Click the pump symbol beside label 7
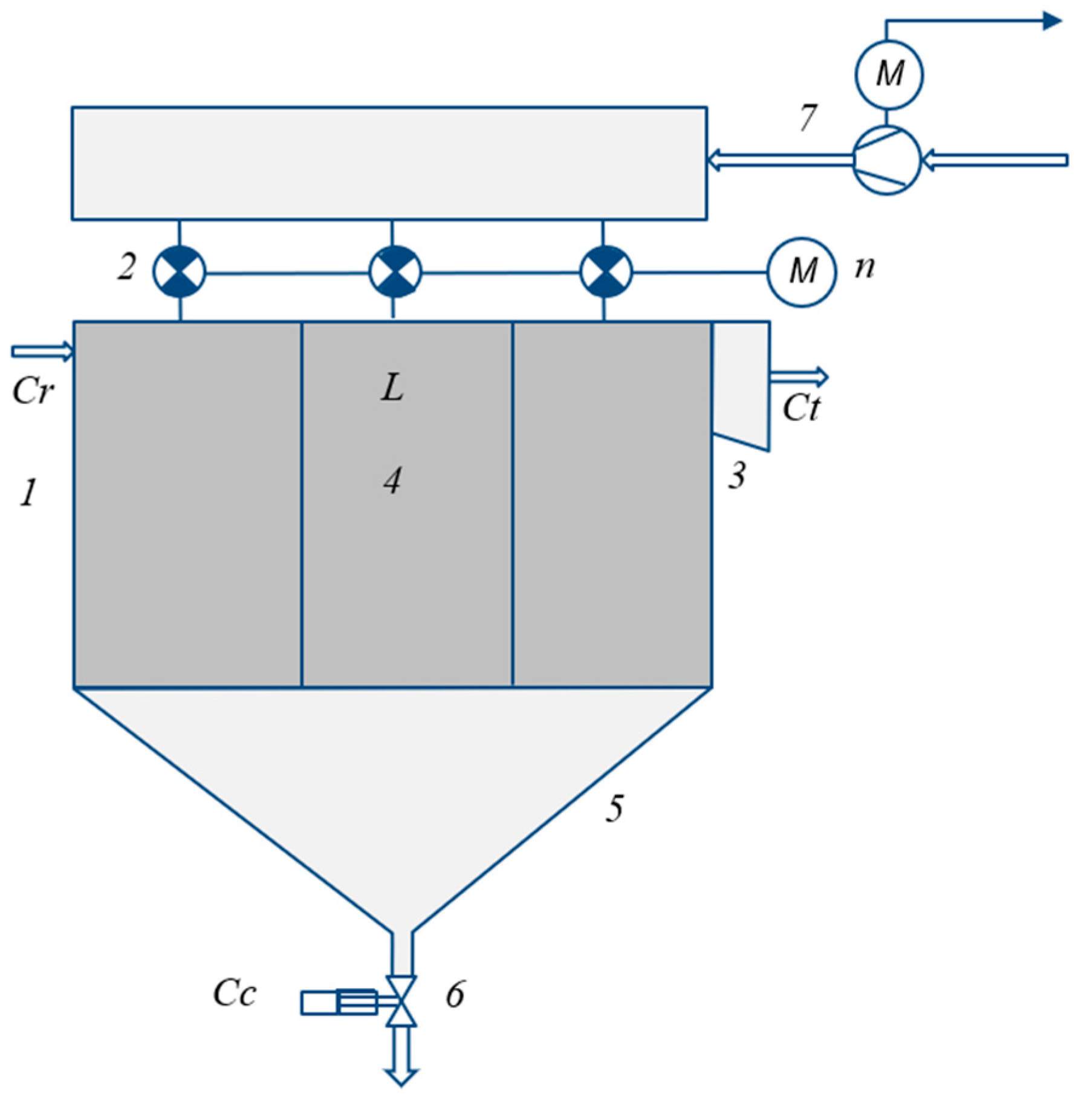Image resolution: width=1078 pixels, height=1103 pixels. coord(886,160)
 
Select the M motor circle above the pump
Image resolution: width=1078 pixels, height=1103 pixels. coord(889,74)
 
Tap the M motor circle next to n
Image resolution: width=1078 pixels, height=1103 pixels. coord(802,272)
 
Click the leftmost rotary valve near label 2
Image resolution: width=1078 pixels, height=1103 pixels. coord(179,272)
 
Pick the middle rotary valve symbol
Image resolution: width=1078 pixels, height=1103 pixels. coord(395,272)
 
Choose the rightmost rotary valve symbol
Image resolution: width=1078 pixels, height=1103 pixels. coord(606,272)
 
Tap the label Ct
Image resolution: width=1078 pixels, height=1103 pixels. coord(802,408)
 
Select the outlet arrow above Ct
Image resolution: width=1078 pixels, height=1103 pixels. coord(798,377)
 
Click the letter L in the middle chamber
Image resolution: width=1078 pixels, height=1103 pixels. coord(392,388)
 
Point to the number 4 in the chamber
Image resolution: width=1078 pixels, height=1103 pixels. coord(392,481)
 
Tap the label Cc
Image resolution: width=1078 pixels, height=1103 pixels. coord(234,994)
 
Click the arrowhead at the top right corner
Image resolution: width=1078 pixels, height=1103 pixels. coord(1052,21)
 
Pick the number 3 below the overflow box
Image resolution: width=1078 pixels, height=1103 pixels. coord(736,475)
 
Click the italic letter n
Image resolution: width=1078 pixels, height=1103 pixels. coord(865,267)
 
